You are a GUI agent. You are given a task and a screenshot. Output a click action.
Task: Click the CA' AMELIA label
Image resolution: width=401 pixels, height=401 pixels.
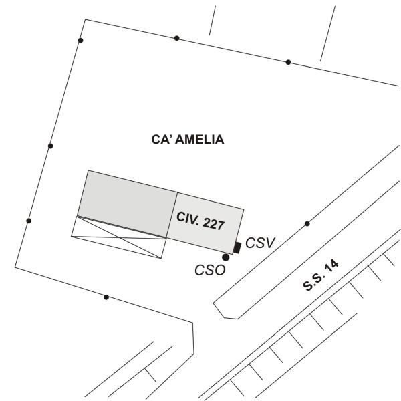click(x=186, y=140)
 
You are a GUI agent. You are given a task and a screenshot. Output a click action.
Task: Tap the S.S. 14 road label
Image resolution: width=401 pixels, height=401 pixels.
click(x=321, y=275)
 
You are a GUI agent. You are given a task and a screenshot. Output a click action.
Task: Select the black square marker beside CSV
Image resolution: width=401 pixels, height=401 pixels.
click(x=237, y=249)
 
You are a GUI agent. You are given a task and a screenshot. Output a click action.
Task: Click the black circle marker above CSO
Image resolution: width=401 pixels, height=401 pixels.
click(x=226, y=257)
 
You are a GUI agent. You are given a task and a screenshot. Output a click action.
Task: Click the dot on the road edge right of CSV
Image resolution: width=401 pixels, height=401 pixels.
click(x=307, y=223)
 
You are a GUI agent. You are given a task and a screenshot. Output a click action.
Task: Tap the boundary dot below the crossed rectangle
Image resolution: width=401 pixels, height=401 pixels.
click(x=106, y=297)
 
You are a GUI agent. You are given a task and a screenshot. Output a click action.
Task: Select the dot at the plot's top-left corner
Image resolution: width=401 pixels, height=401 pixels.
click(x=81, y=41)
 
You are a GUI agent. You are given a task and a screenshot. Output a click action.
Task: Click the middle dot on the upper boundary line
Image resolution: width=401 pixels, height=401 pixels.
click(x=176, y=38)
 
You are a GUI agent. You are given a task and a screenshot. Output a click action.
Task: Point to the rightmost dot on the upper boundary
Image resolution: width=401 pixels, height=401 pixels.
click(x=288, y=62)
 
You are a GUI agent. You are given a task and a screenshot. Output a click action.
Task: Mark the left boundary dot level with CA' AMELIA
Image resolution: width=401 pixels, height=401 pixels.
click(x=50, y=146)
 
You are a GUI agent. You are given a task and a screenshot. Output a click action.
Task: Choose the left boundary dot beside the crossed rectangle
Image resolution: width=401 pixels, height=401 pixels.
click(x=28, y=221)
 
